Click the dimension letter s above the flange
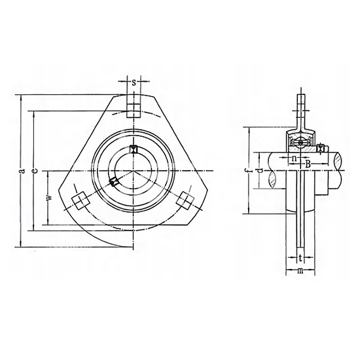click(134, 82)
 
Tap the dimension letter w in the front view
click(50, 198)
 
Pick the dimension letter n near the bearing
click(294, 158)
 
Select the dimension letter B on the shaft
click(308, 164)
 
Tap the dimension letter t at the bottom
click(300, 259)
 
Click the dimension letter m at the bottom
click(300, 271)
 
